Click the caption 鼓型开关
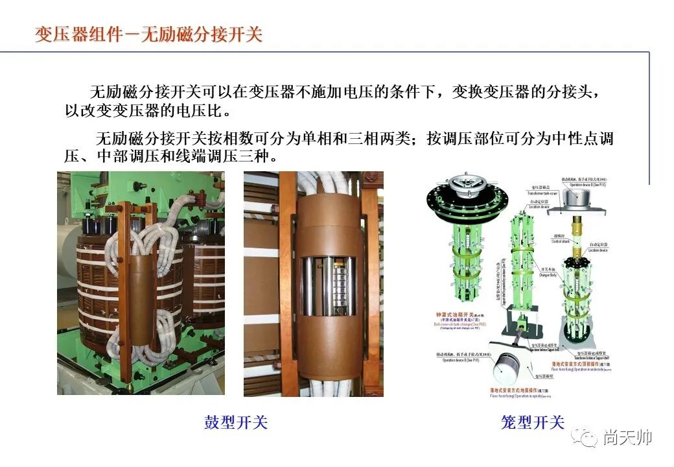(x=236, y=423)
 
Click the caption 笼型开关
(x=533, y=423)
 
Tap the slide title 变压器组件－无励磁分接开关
(x=149, y=34)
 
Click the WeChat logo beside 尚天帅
(x=588, y=438)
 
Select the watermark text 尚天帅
(x=627, y=438)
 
